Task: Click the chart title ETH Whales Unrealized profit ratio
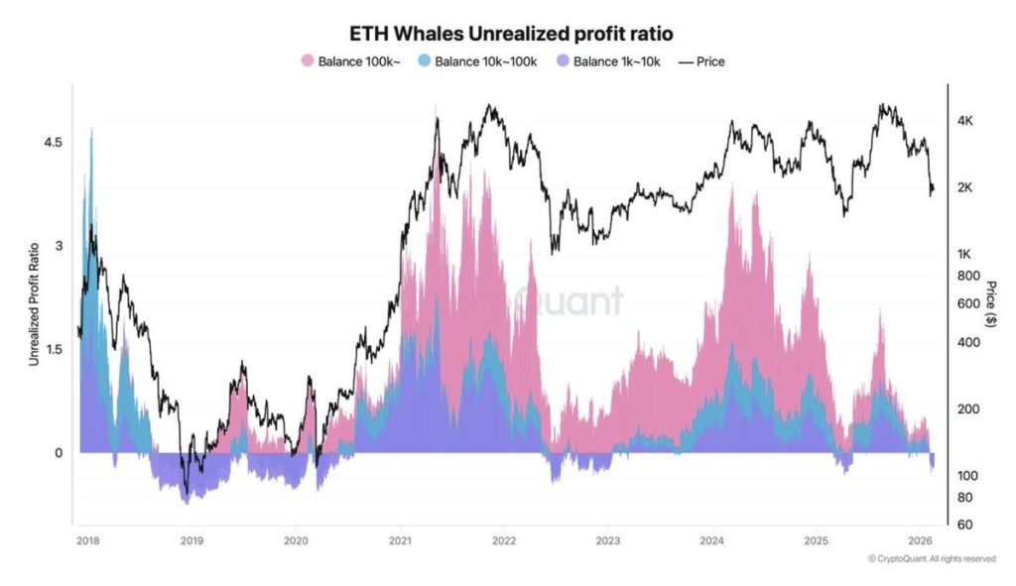tap(507, 35)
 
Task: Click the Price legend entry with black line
tap(701, 61)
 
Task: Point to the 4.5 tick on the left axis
tap(54, 143)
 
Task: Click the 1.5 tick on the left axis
tap(54, 349)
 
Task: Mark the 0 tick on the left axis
tap(58, 453)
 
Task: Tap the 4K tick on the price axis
tap(964, 121)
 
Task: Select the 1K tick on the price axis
tap(964, 254)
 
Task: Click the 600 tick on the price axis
tap(966, 303)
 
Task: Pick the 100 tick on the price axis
tap(966, 476)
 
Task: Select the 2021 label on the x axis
tap(399, 540)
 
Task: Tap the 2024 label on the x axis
tap(711, 540)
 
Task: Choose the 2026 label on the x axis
tap(919, 540)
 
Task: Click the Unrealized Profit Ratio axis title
tap(34, 304)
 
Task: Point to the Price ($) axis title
tap(990, 304)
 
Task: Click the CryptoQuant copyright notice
tap(931, 559)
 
